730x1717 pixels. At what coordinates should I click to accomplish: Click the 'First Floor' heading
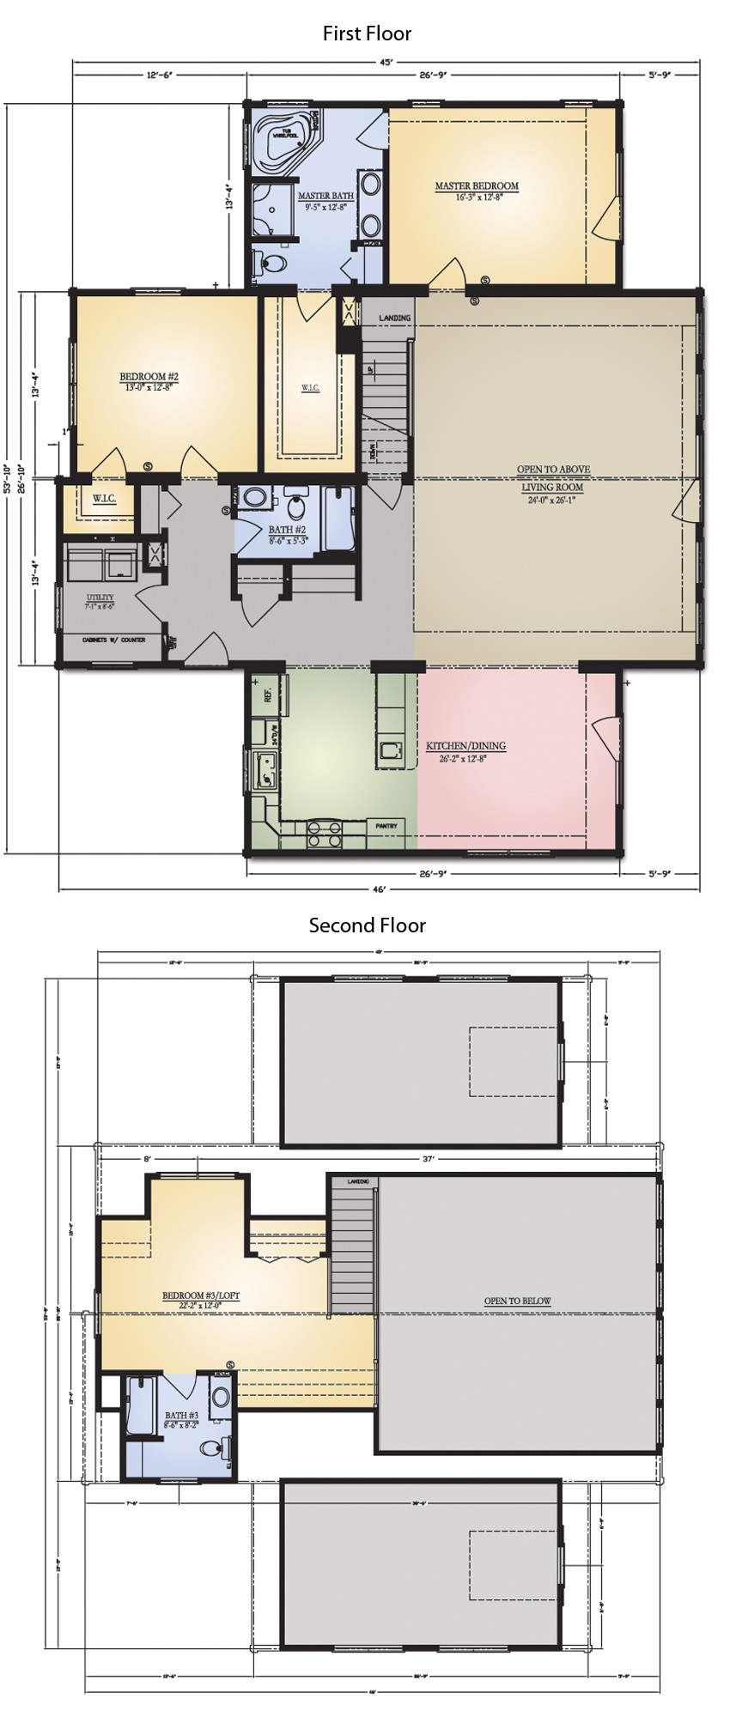pos(367,33)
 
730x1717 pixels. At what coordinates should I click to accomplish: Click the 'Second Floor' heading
pos(367,925)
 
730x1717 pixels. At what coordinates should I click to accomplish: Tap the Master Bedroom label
pos(477,186)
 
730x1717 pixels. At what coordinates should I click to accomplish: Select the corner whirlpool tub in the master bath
pos(283,138)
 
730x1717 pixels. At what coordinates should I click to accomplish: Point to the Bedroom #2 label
pos(149,377)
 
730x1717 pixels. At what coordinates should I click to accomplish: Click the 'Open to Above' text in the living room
pos(553,470)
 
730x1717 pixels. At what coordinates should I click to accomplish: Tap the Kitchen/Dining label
pos(465,746)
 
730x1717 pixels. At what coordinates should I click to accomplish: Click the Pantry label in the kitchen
pos(386,826)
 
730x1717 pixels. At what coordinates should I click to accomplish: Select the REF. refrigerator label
pos(267,694)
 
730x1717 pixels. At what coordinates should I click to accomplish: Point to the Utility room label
pos(100,598)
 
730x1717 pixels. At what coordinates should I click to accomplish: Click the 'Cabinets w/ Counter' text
pos(113,640)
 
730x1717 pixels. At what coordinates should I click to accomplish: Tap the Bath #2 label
pos(286,530)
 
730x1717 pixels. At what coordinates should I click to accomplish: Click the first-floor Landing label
pos(394,318)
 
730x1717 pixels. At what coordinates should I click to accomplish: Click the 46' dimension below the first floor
pos(379,889)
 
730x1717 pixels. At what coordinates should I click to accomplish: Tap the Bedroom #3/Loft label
pos(200,1295)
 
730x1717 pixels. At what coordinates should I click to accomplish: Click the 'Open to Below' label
pos(517,1301)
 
